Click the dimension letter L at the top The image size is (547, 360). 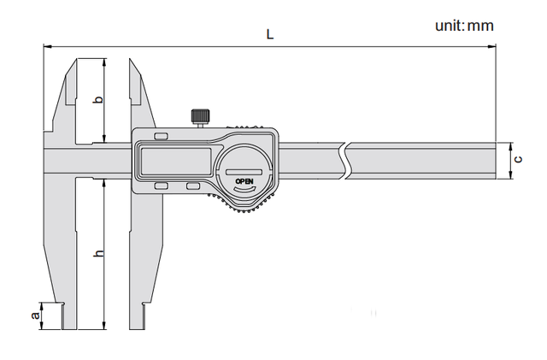[270, 34]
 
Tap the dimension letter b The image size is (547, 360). [99, 99]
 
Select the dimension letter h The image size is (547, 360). [99, 253]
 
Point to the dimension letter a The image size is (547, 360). [35, 316]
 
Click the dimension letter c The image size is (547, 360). [519, 159]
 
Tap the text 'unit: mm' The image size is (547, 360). [464, 26]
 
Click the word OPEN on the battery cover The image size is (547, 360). [244, 181]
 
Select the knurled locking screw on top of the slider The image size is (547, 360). [200, 116]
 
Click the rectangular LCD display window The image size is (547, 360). [176, 161]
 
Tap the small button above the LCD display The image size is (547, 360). [162, 136]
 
